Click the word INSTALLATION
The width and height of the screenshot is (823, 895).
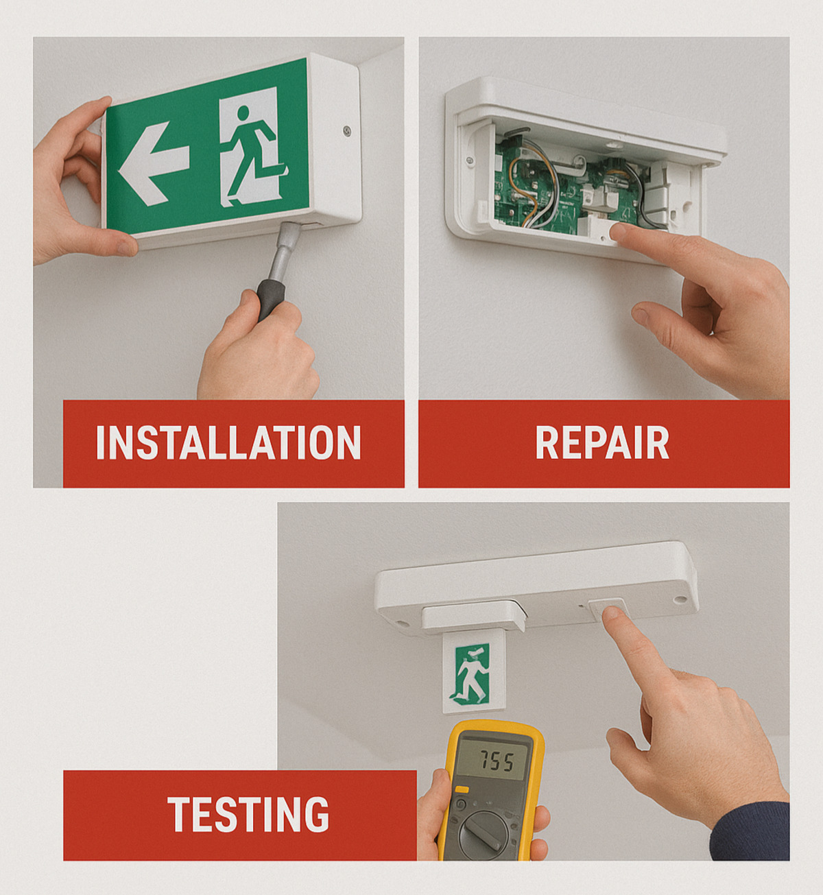click(x=228, y=442)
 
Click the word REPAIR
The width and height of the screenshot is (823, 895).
click(x=602, y=442)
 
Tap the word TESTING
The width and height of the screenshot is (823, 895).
click(x=248, y=814)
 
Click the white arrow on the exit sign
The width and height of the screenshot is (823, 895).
click(x=154, y=164)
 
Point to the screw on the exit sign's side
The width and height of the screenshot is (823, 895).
click(x=347, y=131)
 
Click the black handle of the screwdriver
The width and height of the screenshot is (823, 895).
click(x=270, y=300)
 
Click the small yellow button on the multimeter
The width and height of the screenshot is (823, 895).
click(x=462, y=790)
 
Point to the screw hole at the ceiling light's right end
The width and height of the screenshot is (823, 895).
click(x=680, y=599)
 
